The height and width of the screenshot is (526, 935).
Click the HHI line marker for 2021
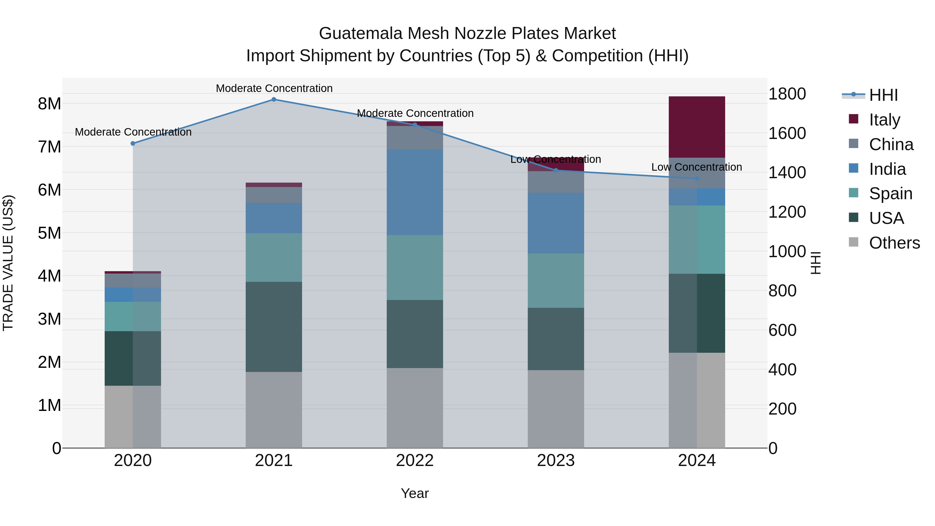tap(274, 99)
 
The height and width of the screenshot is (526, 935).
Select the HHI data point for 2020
tap(133, 143)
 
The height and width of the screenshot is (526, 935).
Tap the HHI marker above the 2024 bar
tap(697, 179)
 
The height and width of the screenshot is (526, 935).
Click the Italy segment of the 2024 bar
tap(697, 127)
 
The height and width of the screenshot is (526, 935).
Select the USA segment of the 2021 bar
tap(274, 327)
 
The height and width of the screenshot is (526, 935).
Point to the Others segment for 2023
tap(556, 409)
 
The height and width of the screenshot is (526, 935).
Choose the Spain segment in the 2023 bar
tap(556, 281)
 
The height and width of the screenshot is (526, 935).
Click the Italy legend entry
tap(884, 119)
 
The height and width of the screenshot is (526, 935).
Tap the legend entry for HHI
tap(883, 95)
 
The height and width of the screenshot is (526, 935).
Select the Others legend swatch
tap(854, 242)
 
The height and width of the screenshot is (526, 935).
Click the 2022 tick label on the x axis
tap(415, 461)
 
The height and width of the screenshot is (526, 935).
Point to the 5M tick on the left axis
tap(50, 233)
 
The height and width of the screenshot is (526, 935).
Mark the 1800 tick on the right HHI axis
tap(787, 94)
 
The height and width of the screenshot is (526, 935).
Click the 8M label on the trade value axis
tap(50, 104)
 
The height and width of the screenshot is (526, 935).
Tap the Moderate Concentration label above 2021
tap(274, 88)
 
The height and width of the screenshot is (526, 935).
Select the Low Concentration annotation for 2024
tap(697, 167)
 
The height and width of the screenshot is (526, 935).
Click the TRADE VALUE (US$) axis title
tap(8, 263)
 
